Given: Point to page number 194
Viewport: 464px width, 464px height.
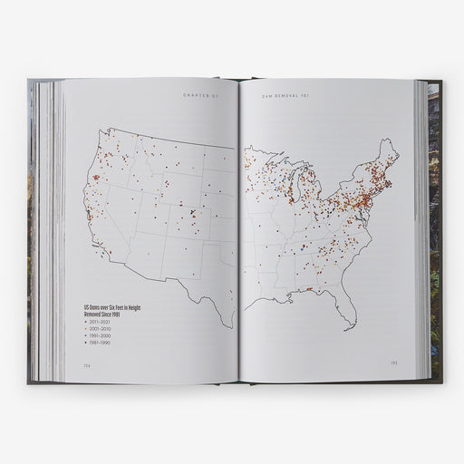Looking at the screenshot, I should (75, 366).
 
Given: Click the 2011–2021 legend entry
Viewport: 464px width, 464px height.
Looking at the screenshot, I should (98, 322).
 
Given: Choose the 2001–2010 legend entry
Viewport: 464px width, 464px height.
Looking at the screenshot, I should (98, 330).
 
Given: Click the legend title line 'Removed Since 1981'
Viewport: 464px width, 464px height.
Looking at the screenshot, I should (102, 314).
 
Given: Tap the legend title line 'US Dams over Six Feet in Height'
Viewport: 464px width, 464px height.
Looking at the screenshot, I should (112, 307).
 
